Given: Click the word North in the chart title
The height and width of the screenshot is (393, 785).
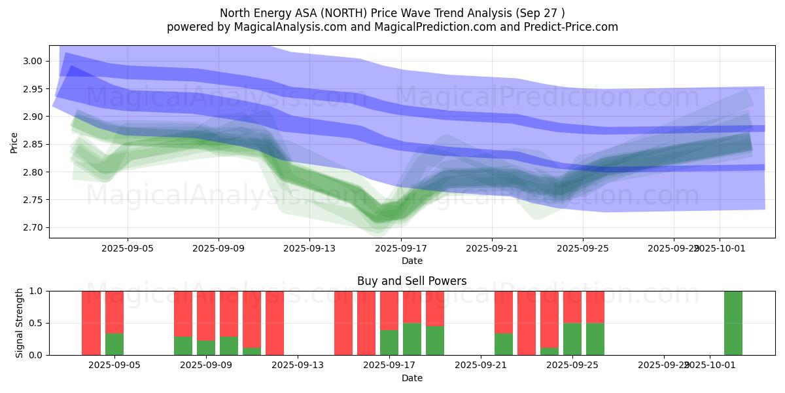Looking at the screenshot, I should coord(234,13).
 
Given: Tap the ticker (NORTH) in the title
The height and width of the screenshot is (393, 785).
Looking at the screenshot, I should coord(336,13).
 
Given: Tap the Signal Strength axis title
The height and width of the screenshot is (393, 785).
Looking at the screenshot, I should coord(20,322).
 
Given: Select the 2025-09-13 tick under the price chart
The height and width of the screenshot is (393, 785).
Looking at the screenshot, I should coord(309,249).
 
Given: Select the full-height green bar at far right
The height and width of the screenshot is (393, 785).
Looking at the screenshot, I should coord(733,322).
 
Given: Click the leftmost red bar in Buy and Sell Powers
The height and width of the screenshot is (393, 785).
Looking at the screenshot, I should coord(91,322).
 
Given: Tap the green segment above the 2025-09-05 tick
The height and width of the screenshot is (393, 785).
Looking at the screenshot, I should coord(114,344).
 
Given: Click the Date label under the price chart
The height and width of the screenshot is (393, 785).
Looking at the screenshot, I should coord(411,261).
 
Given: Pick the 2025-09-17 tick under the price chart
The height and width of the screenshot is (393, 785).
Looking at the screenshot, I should coord(401,249).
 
